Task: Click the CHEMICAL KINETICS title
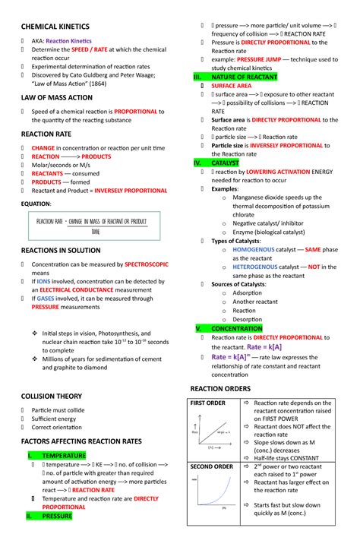55,27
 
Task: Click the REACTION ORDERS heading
220,388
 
